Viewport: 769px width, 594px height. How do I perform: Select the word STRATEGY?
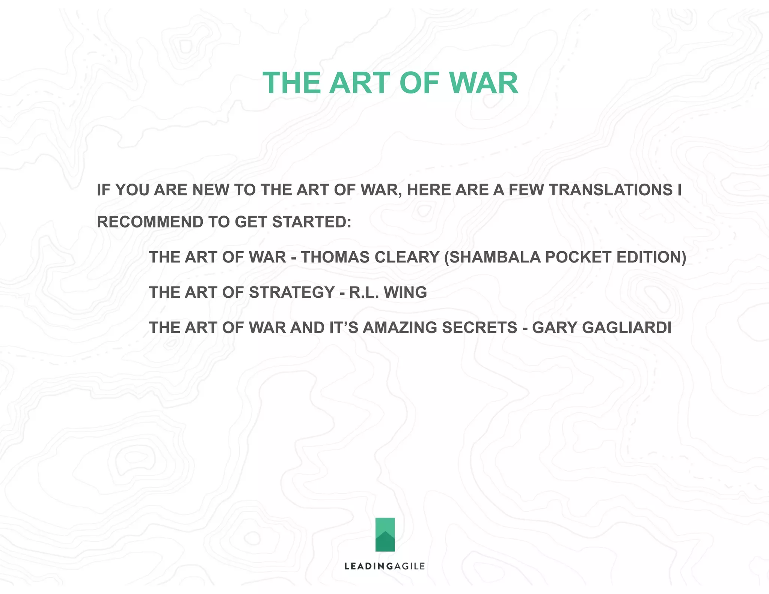pyautogui.click(x=292, y=292)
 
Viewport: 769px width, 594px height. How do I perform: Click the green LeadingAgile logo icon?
pyautogui.click(x=385, y=534)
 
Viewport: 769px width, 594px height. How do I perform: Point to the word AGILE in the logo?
pyautogui.click(x=409, y=566)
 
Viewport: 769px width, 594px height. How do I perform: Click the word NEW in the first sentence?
pyautogui.click(x=211, y=190)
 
